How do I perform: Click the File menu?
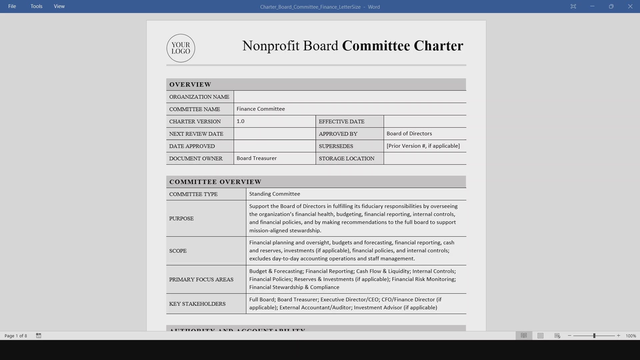tap(12, 6)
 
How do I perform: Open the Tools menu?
tap(36, 6)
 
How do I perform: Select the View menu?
tap(59, 6)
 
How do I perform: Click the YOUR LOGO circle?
tap(181, 48)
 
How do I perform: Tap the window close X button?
tap(630, 6)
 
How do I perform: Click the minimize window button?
tap(592, 6)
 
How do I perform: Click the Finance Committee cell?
tap(261, 109)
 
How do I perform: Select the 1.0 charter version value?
tap(240, 121)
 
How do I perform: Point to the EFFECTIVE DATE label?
tap(341, 122)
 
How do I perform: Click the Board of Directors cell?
tap(409, 134)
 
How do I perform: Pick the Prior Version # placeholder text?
tap(423, 146)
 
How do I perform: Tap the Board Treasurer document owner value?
tap(257, 158)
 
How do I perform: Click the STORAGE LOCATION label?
tap(346, 159)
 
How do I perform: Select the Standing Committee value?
tap(274, 194)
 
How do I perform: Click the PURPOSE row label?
tap(181, 219)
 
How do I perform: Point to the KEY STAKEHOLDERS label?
tap(197, 304)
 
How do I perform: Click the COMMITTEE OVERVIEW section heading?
tap(215, 182)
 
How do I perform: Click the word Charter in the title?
tap(438, 46)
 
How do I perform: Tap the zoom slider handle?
tap(594, 336)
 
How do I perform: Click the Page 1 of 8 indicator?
tap(16, 336)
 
